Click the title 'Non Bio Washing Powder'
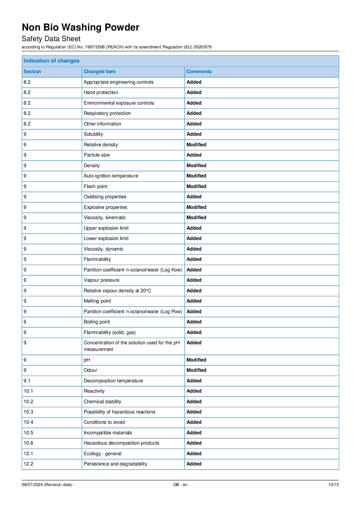tap(80, 28)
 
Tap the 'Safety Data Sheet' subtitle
tap(51, 39)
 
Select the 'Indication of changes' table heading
tap(51, 61)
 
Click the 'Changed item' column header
tap(99, 72)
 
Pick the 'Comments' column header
tap(199, 72)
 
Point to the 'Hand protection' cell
tap(101, 92)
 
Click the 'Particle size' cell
tap(97, 155)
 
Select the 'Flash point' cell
tap(96, 186)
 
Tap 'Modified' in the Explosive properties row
tap(196, 207)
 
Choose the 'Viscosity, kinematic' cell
tap(105, 218)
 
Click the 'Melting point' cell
tap(97, 301)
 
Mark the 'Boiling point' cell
tap(97, 322)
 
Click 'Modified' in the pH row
tap(196, 360)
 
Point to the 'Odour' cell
tap(90, 370)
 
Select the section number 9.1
tap(27, 381)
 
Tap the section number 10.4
tap(28, 422)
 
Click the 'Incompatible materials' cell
tap(108, 433)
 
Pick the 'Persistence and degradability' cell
tap(115, 464)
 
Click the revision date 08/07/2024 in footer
tap(47, 485)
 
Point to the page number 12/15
tap(333, 485)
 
